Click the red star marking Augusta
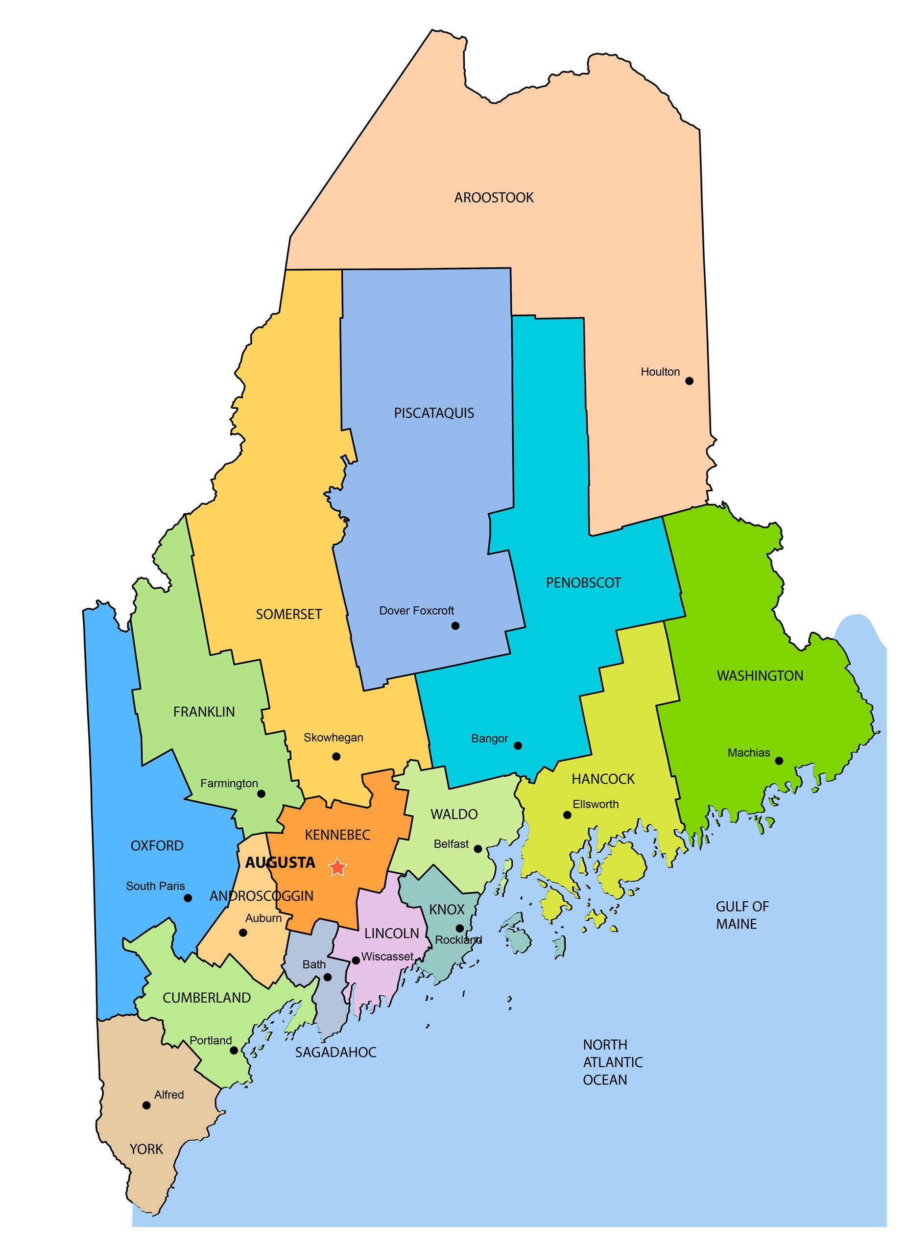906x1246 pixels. (x=337, y=867)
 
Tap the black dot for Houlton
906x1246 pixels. (x=689, y=381)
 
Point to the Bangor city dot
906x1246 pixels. (x=518, y=745)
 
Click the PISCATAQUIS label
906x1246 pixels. (x=433, y=413)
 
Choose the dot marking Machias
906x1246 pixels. (x=779, y=761)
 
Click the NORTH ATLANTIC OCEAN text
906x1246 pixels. (x=612, y=1062)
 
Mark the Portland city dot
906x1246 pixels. (x=234, y=1051)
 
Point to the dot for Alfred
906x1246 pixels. (x=146, y=1105)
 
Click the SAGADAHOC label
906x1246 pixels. (x=335, y=1053)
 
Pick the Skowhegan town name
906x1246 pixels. (x=333, y=738)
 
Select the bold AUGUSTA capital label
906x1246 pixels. (x=280, y=863)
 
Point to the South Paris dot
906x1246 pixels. (x=188, y=898)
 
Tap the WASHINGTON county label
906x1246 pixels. (x=760, y=676)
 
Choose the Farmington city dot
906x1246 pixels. (x=262, y=793)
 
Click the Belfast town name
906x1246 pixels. (x=451, y=844)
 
